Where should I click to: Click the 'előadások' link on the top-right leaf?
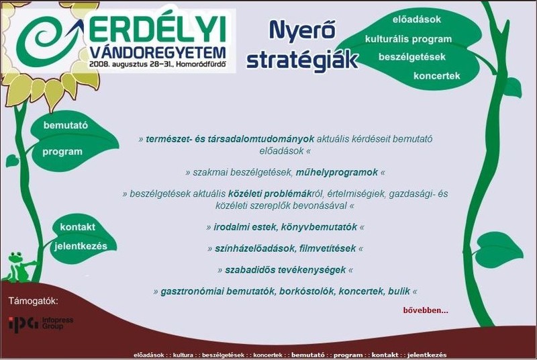416,19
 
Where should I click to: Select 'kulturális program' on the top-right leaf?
408,39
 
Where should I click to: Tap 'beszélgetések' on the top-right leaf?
412,57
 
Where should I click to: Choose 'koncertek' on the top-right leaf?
437,76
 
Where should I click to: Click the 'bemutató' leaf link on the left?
65,126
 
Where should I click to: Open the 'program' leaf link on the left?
62,152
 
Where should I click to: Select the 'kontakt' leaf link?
77,227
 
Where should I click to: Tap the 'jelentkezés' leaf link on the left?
81,246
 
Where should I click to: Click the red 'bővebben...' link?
426,311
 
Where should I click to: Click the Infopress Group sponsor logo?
41,323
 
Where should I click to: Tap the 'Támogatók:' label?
33,301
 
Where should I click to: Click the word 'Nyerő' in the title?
301,30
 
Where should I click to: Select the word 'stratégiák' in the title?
302,59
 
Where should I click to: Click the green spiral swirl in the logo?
41,41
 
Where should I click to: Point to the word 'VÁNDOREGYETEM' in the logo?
157,53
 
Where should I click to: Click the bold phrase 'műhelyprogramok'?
337,173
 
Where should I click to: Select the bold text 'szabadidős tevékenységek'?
285,270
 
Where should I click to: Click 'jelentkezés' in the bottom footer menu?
427,355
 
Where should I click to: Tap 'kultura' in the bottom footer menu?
183,355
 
